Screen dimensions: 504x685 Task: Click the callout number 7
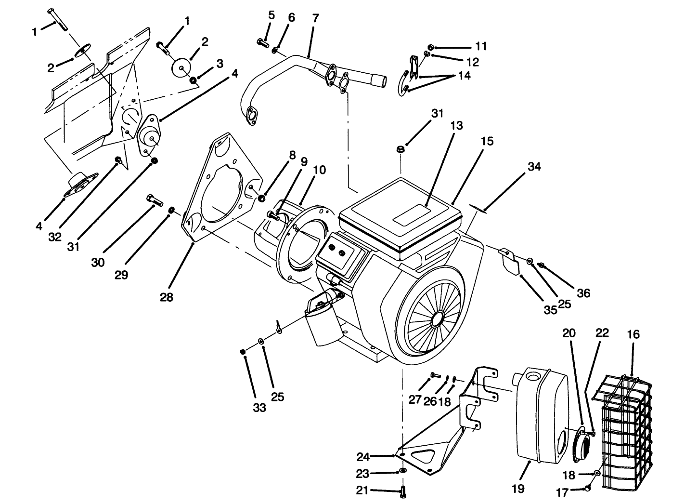(x=315, y=18)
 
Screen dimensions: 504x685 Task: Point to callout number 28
(x=167, y=297)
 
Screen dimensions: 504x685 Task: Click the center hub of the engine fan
(x=438, y=318)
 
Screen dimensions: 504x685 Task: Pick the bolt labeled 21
(x=403, y=491)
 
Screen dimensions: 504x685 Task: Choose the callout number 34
(x=534, y=167)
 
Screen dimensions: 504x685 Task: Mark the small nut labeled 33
(x=243, y=352)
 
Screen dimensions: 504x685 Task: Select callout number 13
(x=457, y=126)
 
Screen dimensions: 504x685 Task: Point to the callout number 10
(x=319, y=170)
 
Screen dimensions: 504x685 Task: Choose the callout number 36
(x=583, y=292)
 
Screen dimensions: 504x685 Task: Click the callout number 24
(x=363, y=456)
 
